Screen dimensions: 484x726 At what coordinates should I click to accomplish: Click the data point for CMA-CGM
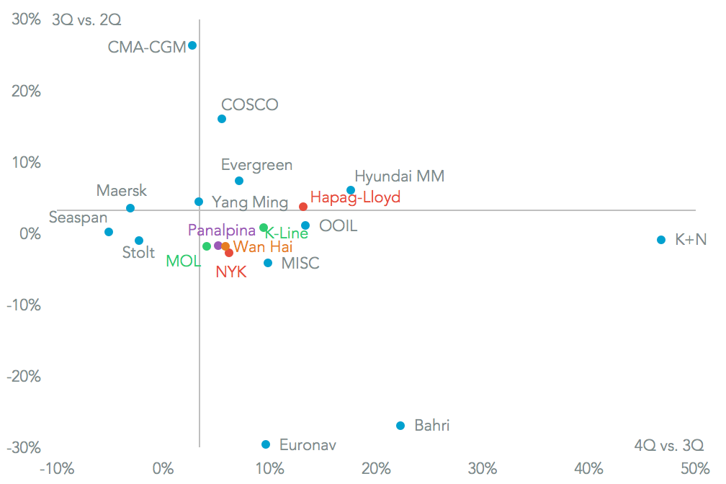tap(192, 45)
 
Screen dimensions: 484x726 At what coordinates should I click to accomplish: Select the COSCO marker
tap(222, 119)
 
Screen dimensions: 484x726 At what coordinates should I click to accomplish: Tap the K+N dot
tap(661, 240)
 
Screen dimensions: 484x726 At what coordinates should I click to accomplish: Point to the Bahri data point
tap(400, 426)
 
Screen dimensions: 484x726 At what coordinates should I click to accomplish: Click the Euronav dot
tap(266, 444)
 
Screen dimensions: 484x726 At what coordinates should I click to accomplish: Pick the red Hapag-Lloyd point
tap(303, 207)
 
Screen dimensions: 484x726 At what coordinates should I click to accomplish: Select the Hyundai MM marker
tap(351, 190)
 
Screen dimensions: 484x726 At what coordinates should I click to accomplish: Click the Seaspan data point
tap(109, 232)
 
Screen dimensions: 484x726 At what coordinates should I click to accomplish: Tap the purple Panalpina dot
tap(218, 246)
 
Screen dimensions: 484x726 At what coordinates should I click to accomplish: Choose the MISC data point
tap(268, 263)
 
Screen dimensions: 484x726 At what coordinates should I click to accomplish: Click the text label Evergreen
tap(256, 165)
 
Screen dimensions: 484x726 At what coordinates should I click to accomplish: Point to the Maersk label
tap(122, 191)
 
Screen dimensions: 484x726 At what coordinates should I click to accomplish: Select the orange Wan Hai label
tap(263, 247)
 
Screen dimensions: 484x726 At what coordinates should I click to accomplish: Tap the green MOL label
tap(184, 261)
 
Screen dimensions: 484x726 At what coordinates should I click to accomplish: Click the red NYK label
tap(231, 272)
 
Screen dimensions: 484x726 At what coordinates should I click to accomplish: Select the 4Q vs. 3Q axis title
tap(668, 445)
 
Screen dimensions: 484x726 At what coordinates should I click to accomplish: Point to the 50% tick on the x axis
tap(695, 469)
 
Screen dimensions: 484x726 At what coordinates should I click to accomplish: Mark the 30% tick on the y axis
tap(27, 20)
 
